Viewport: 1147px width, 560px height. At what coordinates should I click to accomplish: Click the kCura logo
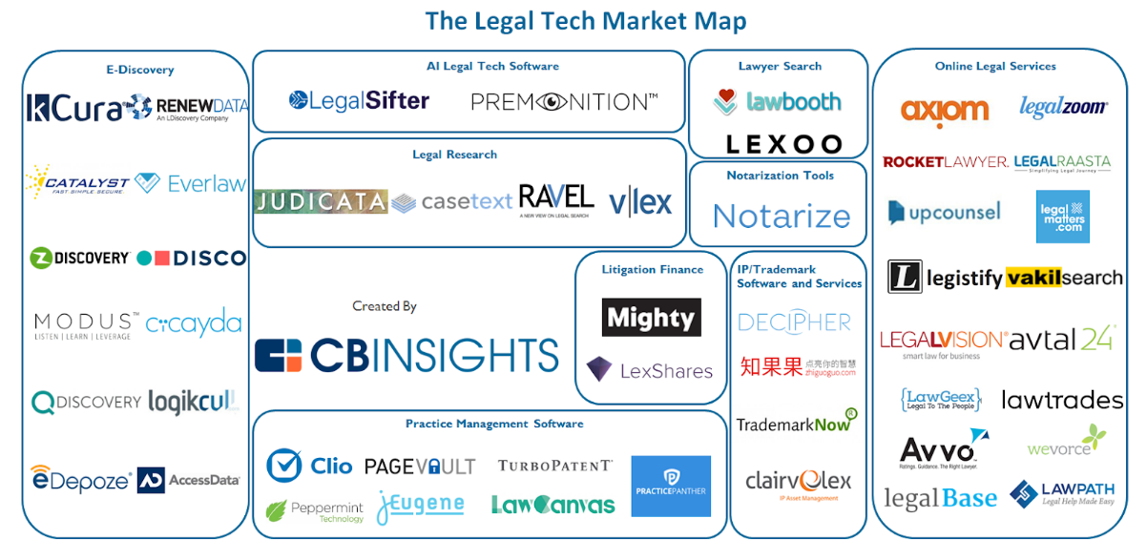(74, 108)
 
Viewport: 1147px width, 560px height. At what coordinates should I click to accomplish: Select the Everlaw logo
(191, 183)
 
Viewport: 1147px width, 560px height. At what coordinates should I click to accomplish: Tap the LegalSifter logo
(359, 100)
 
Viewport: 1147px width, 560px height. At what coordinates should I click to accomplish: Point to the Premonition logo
(564, 101)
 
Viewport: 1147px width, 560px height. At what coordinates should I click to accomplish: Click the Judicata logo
(321, 201)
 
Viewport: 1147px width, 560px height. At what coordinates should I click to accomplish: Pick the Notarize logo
(781, 217)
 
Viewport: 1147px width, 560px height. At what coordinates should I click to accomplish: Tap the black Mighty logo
(651, 318)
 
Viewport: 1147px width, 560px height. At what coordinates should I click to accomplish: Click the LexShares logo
(650, 370)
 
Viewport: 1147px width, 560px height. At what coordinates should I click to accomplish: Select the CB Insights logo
(407, 355)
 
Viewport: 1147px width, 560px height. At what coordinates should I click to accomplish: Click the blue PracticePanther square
(671, 486)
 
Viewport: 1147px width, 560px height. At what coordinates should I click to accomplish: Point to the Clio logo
(310, 466)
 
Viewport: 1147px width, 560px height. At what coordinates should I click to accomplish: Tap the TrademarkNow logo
(796, 422)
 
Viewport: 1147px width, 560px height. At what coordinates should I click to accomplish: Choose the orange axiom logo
(944, 112)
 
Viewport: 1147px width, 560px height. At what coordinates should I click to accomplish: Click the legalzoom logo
(1063, 107)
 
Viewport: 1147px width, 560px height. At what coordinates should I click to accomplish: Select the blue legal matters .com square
(1062, 217)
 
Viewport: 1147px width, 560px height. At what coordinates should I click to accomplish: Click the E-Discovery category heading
(139, 70)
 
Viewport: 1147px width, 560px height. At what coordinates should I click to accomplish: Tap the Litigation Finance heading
(652, 270)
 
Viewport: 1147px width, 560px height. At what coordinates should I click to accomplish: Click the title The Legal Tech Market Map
(586, 20)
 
